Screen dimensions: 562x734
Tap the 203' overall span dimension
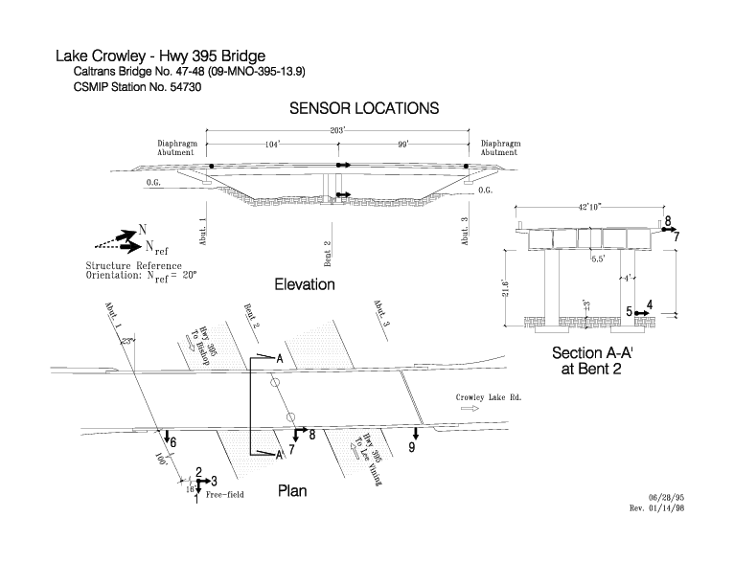338,130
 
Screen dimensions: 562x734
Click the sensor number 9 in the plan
412,447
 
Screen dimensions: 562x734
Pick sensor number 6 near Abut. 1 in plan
172,442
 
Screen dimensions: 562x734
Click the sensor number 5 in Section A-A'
630,311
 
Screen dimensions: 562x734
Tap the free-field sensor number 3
215,481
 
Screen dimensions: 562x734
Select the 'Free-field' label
226,497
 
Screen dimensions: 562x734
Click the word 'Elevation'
305,284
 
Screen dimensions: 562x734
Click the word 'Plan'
292,491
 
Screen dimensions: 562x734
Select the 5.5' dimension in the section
598,259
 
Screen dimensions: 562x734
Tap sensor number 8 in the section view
669,220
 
